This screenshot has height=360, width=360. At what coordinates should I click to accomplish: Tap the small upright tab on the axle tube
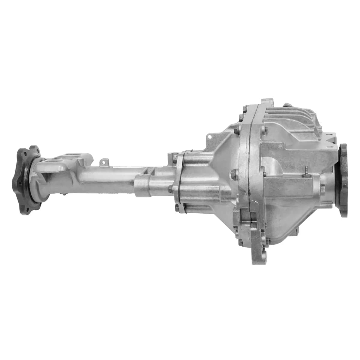pyautogui.click(x=103, y=162)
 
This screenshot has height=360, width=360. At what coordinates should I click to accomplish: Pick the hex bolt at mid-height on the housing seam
pyautogui.click(x=235, y=173)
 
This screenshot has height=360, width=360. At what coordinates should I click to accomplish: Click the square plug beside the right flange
pyautogui.click(x=323, y=189)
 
